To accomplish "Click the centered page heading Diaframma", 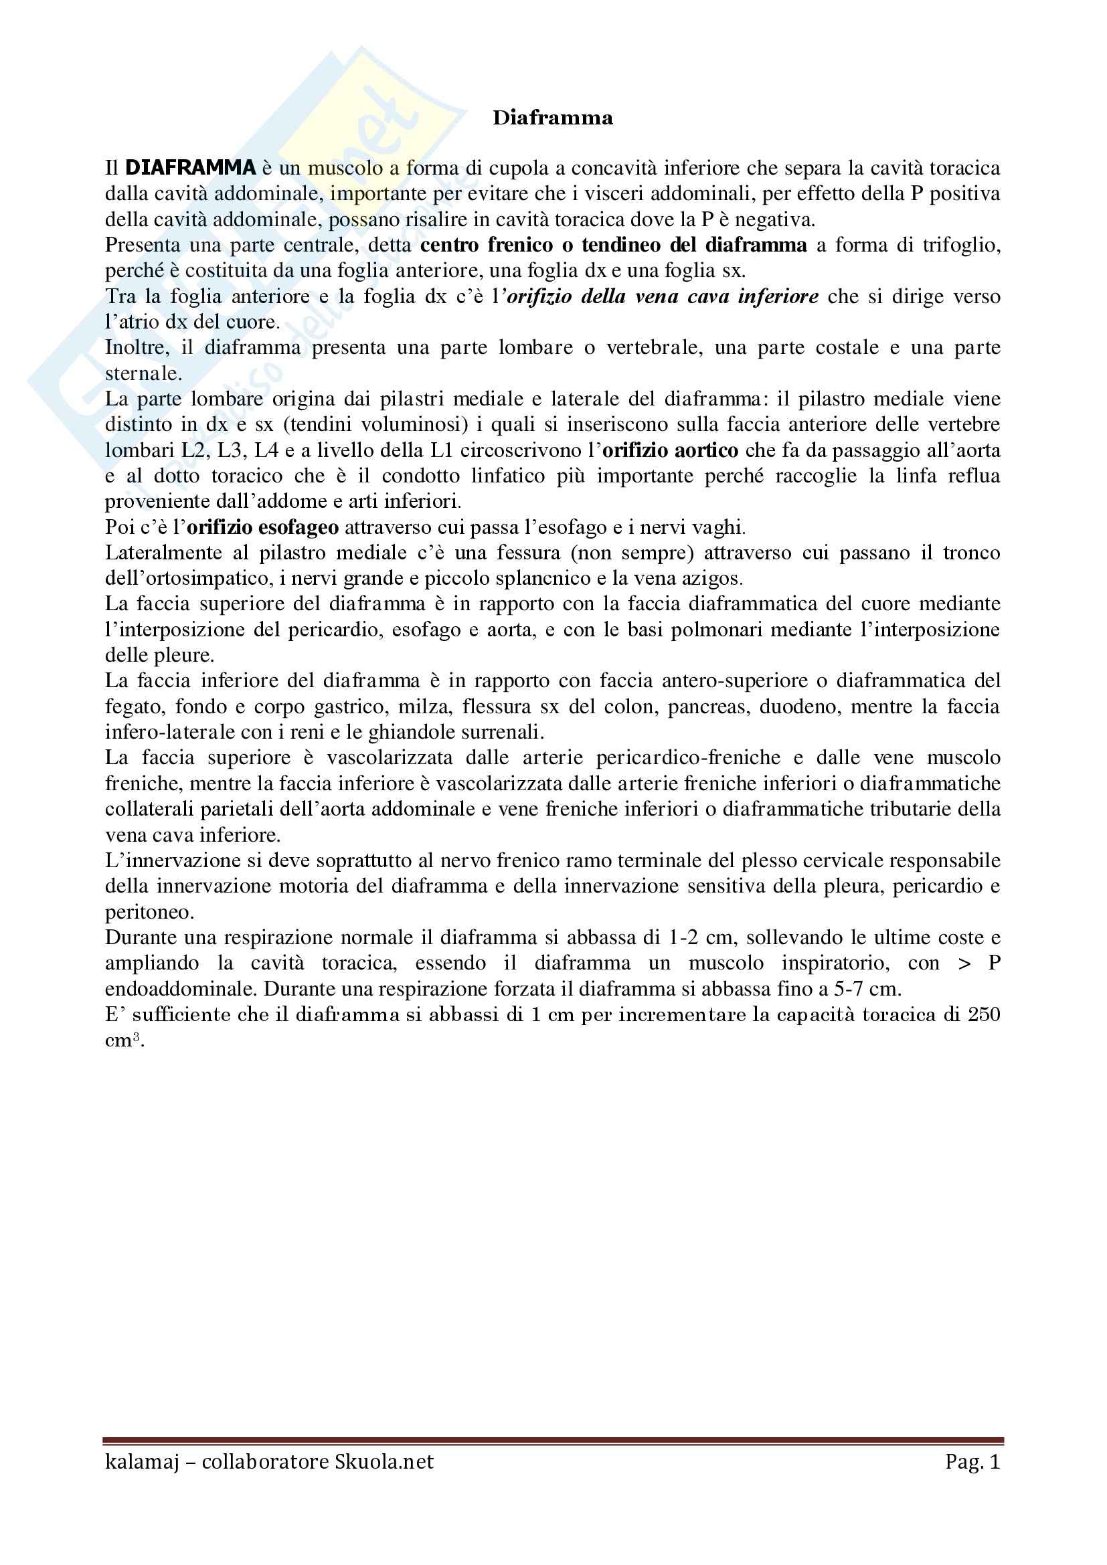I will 553,118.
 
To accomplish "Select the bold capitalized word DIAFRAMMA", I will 190,168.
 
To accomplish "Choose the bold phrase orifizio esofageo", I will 263,527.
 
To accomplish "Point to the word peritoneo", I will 140,911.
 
